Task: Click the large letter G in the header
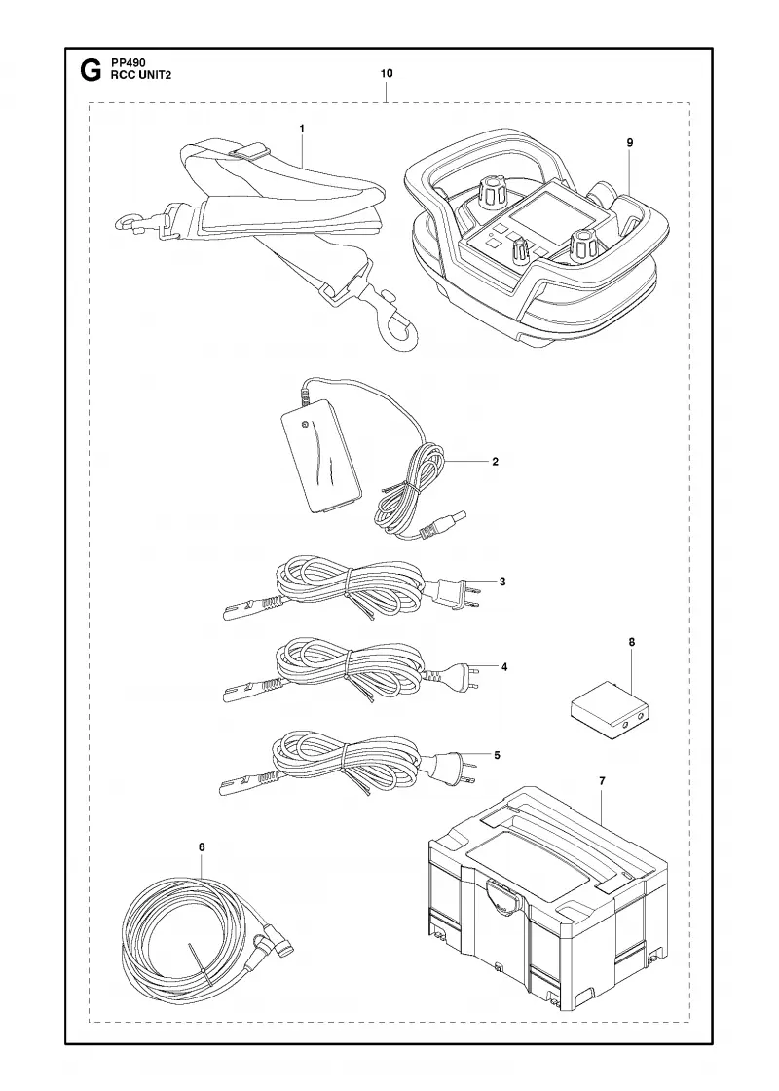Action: pyautogui.click(x=89, y=71)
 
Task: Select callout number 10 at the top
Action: pyautogui.click(x=387, y=73)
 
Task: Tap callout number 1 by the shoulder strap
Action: pyautogui.click(x=302, y=128)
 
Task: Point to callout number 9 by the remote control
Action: pyautogui.click(x=629, y=142)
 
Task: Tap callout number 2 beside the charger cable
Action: pyautogui.click(x=495, y=462)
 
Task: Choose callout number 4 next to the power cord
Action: pyautogui.click(x=504, y=667)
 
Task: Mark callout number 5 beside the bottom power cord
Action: pyautogui.click(x=496, y=754)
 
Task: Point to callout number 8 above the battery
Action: pyautogui.click(x=632, y=642)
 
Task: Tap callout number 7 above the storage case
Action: pyautogui.click(x=603, y=780)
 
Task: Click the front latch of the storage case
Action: pyautogui.click(x=502, y=894)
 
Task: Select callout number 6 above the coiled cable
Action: pyautogui.click(x=202, y=846)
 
